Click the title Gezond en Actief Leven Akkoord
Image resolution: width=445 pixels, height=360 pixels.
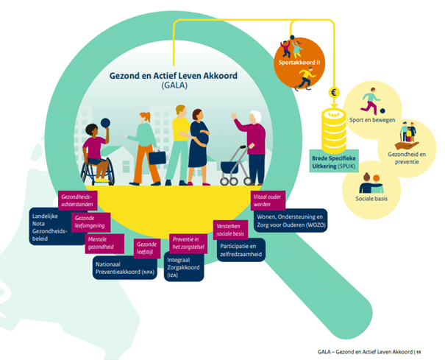174,76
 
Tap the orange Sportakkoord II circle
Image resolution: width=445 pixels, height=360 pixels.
299,63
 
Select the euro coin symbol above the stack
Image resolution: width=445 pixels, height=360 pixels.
334,92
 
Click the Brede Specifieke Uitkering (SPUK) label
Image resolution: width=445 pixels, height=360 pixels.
334,162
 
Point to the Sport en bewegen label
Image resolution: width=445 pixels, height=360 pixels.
372,120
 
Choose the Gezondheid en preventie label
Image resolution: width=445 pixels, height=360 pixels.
407,158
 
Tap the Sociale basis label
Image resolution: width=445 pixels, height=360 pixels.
371,199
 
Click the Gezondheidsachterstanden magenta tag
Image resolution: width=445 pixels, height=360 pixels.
77,200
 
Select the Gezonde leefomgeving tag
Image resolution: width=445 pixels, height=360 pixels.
90,222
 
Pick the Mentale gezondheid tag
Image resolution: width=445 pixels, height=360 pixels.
104,244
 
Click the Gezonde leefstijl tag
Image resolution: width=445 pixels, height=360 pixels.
147,248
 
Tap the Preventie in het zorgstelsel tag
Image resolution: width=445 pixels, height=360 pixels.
188,243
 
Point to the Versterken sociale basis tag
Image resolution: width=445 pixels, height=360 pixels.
230,230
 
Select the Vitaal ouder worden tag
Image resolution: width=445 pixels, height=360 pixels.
268,200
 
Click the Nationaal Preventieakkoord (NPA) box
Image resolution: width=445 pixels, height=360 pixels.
125,268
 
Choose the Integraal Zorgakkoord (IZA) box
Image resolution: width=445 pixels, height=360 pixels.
184,267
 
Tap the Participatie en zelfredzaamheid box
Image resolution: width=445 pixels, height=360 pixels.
241,250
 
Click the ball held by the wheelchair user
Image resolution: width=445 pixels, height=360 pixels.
105,123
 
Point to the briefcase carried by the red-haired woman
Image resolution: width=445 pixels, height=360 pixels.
157,158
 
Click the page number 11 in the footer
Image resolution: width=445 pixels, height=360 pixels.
419,353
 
